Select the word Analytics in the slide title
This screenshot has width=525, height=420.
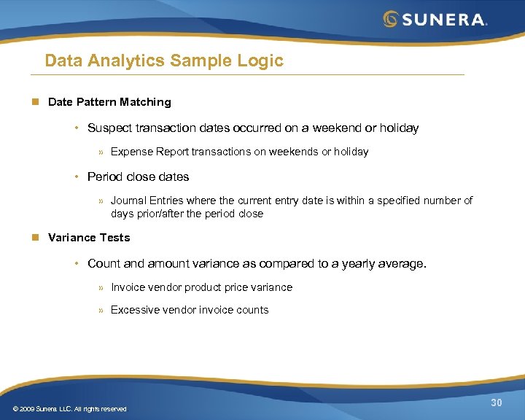[x=128, y=61]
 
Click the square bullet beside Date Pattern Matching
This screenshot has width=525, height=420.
[x=34, y=102]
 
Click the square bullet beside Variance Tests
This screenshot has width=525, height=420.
[x=34, y=238]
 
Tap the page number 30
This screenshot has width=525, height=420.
[x=497, y=403]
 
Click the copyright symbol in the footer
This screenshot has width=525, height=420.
[x=16, y=409]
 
